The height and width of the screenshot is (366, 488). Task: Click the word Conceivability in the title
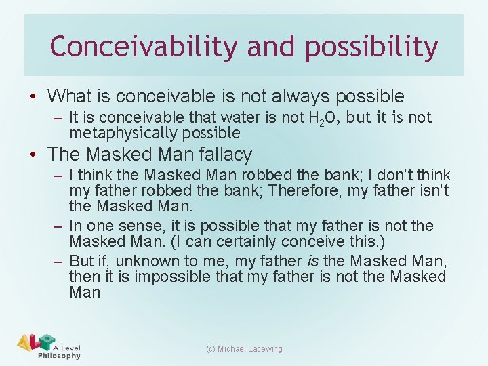143,47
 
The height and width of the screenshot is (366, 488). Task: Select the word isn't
431,191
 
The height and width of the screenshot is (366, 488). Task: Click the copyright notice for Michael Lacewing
244,349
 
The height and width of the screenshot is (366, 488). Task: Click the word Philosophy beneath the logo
59,356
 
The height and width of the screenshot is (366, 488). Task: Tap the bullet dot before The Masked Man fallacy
35,155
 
